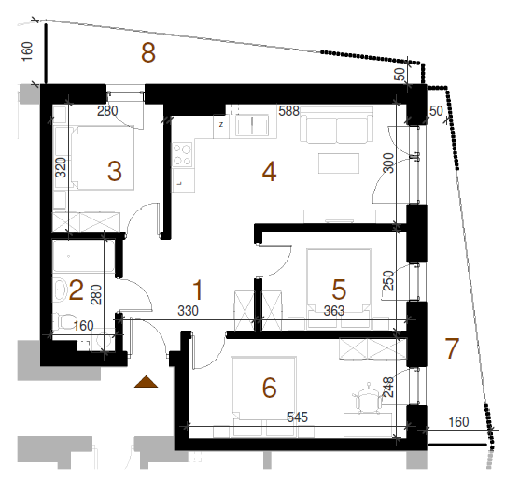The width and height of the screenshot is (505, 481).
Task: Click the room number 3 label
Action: [115, 171]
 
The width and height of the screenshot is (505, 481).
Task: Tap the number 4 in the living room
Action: [269, 172]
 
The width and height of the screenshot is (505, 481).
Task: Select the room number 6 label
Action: [269, 388]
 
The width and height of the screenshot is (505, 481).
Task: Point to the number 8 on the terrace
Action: [148, 52]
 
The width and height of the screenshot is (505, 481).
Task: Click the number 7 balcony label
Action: [452, 348]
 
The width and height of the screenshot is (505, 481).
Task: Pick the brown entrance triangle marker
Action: [146, 381]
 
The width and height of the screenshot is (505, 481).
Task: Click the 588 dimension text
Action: [288, 111]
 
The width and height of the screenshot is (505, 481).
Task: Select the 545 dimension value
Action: [297, 417]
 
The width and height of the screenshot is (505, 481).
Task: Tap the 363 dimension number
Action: [334, 311]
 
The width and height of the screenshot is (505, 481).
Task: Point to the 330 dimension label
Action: [188, 311]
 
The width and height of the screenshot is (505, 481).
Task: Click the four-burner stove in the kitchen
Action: [182, 155]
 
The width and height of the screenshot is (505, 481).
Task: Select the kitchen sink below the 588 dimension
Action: [253, 125]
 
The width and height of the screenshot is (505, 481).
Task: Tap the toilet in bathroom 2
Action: [63, 321]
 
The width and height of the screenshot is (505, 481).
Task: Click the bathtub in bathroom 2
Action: [84, 256]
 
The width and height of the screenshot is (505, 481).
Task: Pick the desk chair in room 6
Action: [368, 398]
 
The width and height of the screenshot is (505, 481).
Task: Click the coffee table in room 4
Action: [339, 163]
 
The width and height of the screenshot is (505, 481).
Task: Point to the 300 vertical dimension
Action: [389, 163]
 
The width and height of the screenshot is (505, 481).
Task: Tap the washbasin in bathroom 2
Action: [60, 290]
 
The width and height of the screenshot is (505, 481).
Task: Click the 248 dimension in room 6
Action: [389, 387]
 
